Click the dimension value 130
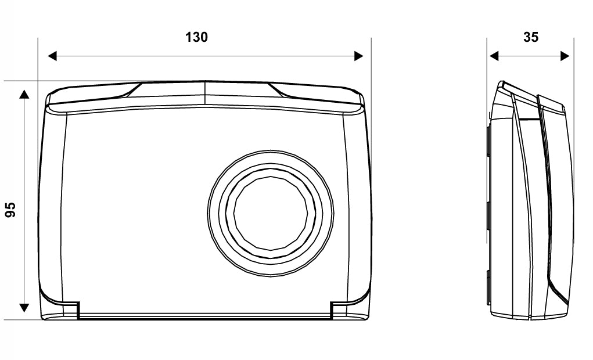point(196,37)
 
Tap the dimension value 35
point(531,37)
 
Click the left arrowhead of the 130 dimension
point(52,56)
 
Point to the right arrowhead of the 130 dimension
point(359,56)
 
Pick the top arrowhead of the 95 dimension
point(24,94)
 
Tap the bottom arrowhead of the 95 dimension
point(24,308)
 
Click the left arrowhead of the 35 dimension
point(494,56)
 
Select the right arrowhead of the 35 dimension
point(565,56)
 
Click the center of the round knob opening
point(271,213)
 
